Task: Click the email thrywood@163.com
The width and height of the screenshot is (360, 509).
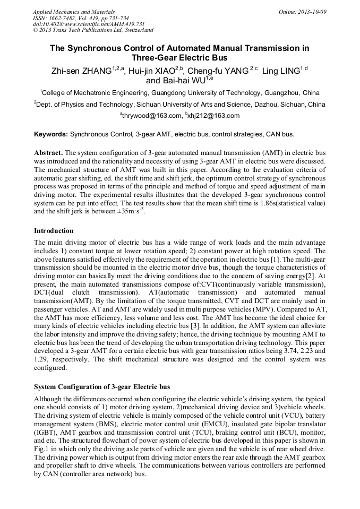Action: pyautogui.click(x=151, y=116)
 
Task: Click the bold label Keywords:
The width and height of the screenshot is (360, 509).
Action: pyautogui.click(x=50, y=134)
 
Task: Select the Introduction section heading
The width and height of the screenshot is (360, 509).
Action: pyautogui.click(x=54, y=231)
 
